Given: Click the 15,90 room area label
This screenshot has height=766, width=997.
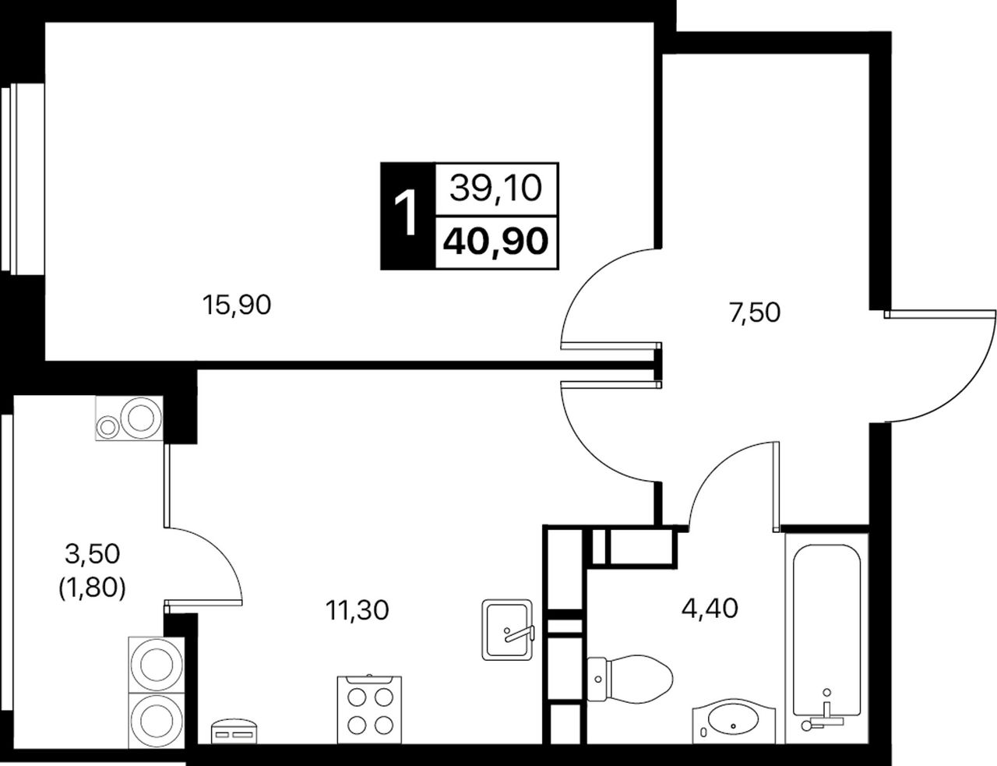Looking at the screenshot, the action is [237, 305].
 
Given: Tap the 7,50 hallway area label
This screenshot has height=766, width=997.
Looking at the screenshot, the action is [754, 312].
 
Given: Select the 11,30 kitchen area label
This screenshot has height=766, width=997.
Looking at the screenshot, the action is [357, 610].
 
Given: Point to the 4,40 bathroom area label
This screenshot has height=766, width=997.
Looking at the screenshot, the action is [710, 609].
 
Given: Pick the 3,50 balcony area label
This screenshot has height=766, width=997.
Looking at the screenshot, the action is [93, 553].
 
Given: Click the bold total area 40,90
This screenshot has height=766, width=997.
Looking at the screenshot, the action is [495, 242].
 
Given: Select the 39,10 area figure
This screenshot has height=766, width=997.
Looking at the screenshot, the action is [495, 188].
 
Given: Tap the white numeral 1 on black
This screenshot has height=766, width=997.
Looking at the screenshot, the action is [406, 214].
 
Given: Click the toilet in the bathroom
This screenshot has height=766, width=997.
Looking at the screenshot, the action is [629, 679].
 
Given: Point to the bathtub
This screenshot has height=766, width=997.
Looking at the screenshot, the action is [826, 639].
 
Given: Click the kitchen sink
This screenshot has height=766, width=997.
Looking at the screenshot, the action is [507, 630].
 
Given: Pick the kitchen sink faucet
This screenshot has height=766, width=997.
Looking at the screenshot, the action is [520, 634].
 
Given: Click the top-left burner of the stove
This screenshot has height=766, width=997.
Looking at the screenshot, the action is [357, 697].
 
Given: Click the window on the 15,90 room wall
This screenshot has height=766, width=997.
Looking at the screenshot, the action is [23, 179].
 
